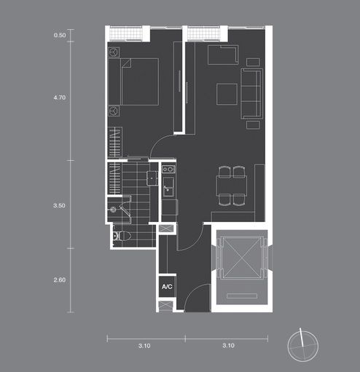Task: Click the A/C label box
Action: click(167, 287)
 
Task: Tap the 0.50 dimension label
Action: click(60, 35)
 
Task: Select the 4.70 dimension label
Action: click(60, 98)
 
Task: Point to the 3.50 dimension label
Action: click(60, 205)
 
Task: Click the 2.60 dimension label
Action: click(60, 280)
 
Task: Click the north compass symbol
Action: click(302, 346)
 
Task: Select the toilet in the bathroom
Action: click(122, 236)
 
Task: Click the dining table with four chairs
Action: click(232, 186)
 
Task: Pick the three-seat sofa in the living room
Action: click(251, 94)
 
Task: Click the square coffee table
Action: click(227, 94)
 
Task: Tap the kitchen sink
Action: click(168, 187)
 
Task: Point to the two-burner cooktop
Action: click(168, 169)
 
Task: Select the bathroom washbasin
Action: click(152, 178)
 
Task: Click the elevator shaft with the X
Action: click(242, 257)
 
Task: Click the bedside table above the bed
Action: click(114, 52)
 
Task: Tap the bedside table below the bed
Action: click(114, 111)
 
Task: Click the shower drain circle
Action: click(113, 210)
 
